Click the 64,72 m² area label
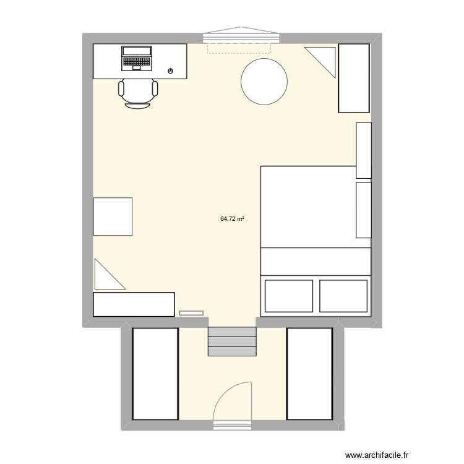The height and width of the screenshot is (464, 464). [x=232, y=218]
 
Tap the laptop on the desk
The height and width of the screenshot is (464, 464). [x=137, y=58]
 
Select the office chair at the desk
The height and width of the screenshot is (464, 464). [x=138, y=93]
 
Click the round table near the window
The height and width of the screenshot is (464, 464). [x=264, y=82]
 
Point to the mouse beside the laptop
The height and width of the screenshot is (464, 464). [x=170, y=71]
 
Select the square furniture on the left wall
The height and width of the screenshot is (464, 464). [x=113, y=217]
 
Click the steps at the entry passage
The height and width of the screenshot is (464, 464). [x=232, y=342]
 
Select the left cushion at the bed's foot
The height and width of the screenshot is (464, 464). [x=289, y=296]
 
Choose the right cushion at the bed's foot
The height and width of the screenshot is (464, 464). [x=343, y=296]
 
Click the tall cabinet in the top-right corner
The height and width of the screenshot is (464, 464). [x=353, y=79]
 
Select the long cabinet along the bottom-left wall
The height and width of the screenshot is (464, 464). [x=134, y=304]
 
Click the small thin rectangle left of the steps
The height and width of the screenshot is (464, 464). [x=191, y=313]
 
